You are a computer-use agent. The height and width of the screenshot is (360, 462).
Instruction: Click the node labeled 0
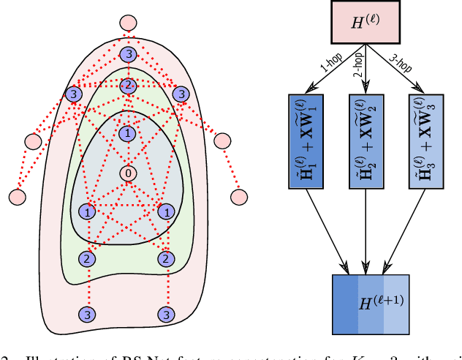(128, 174)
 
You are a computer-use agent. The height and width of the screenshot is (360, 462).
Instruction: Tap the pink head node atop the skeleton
(128, 23)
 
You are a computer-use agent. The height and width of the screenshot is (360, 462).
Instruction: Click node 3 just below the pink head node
(128, 55)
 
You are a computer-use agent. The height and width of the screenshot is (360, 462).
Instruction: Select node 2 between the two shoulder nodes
(128, 86)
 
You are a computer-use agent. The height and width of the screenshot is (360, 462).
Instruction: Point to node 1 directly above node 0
(128, 133)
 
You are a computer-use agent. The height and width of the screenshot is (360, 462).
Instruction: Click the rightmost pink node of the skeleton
(239, 196)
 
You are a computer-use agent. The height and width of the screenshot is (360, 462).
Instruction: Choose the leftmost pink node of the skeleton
(16, 196)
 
